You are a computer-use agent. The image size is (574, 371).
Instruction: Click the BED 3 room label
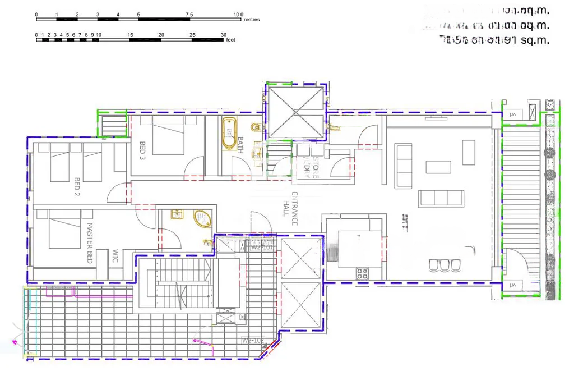coord(142,150)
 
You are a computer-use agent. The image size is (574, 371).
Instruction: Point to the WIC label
coord(115,255)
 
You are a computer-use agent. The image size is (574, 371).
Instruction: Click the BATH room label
coord(240,145)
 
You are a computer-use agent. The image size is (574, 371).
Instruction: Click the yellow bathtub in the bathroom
coord(229,134)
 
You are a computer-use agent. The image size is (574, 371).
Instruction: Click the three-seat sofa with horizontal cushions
coord(441,198)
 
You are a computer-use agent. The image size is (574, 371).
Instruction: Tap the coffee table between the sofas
coord(438,167)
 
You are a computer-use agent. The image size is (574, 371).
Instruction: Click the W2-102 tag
coord(253,340)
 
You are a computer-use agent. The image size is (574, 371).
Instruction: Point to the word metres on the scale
coord(252,20)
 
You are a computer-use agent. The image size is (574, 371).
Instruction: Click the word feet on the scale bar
coord(230,40)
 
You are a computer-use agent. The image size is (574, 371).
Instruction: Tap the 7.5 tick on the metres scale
coord(189,14)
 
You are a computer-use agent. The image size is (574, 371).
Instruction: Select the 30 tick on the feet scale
coord(223,35)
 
